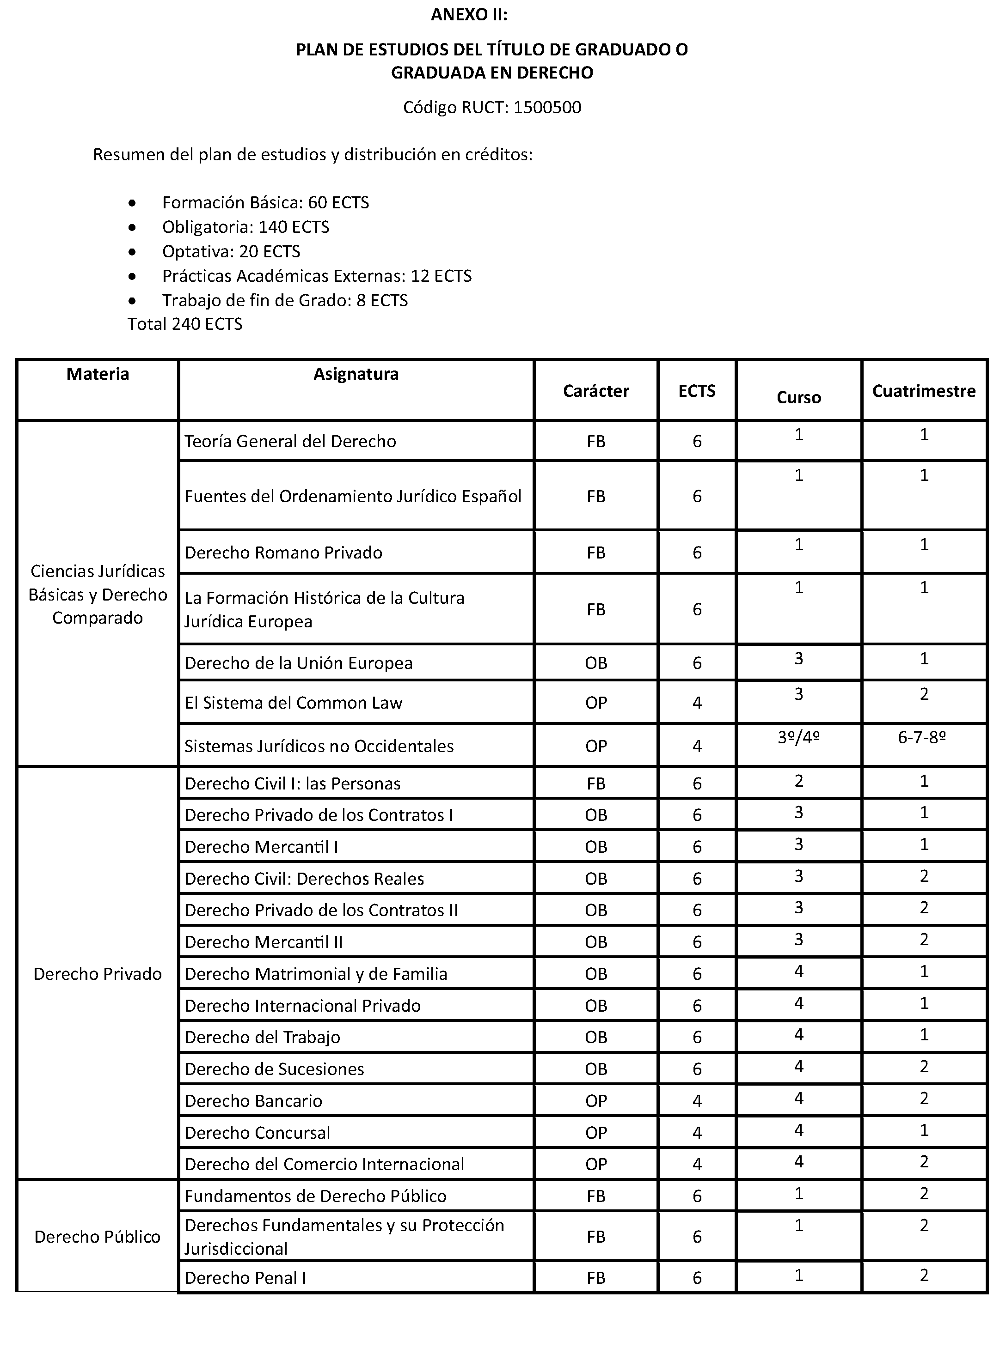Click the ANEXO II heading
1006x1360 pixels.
(x=468, y=15)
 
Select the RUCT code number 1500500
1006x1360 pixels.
(x=547, y=107)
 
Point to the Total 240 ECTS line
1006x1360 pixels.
(x=184, y=324)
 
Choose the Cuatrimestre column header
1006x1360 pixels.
(x=923, y=391)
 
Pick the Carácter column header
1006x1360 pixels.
(x=595, y=391)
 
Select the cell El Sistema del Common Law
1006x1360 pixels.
(x=293, y=703)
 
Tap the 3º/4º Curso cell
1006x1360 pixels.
(x=798, y=737)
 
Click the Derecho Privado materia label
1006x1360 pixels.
(x=98, y=974)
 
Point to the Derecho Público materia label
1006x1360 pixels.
(x=98, y=1237)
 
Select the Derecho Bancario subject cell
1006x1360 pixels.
(x=253, y=1101)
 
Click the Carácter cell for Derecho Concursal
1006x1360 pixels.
(x=595, y=1132)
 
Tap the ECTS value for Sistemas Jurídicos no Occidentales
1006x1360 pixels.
(x=697, y=746)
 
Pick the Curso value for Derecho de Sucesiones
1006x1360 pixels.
(x=798, y=1066)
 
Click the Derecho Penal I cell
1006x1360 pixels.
(x=245, y=1278)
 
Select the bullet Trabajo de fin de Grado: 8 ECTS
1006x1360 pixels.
(x=284, y=301)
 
